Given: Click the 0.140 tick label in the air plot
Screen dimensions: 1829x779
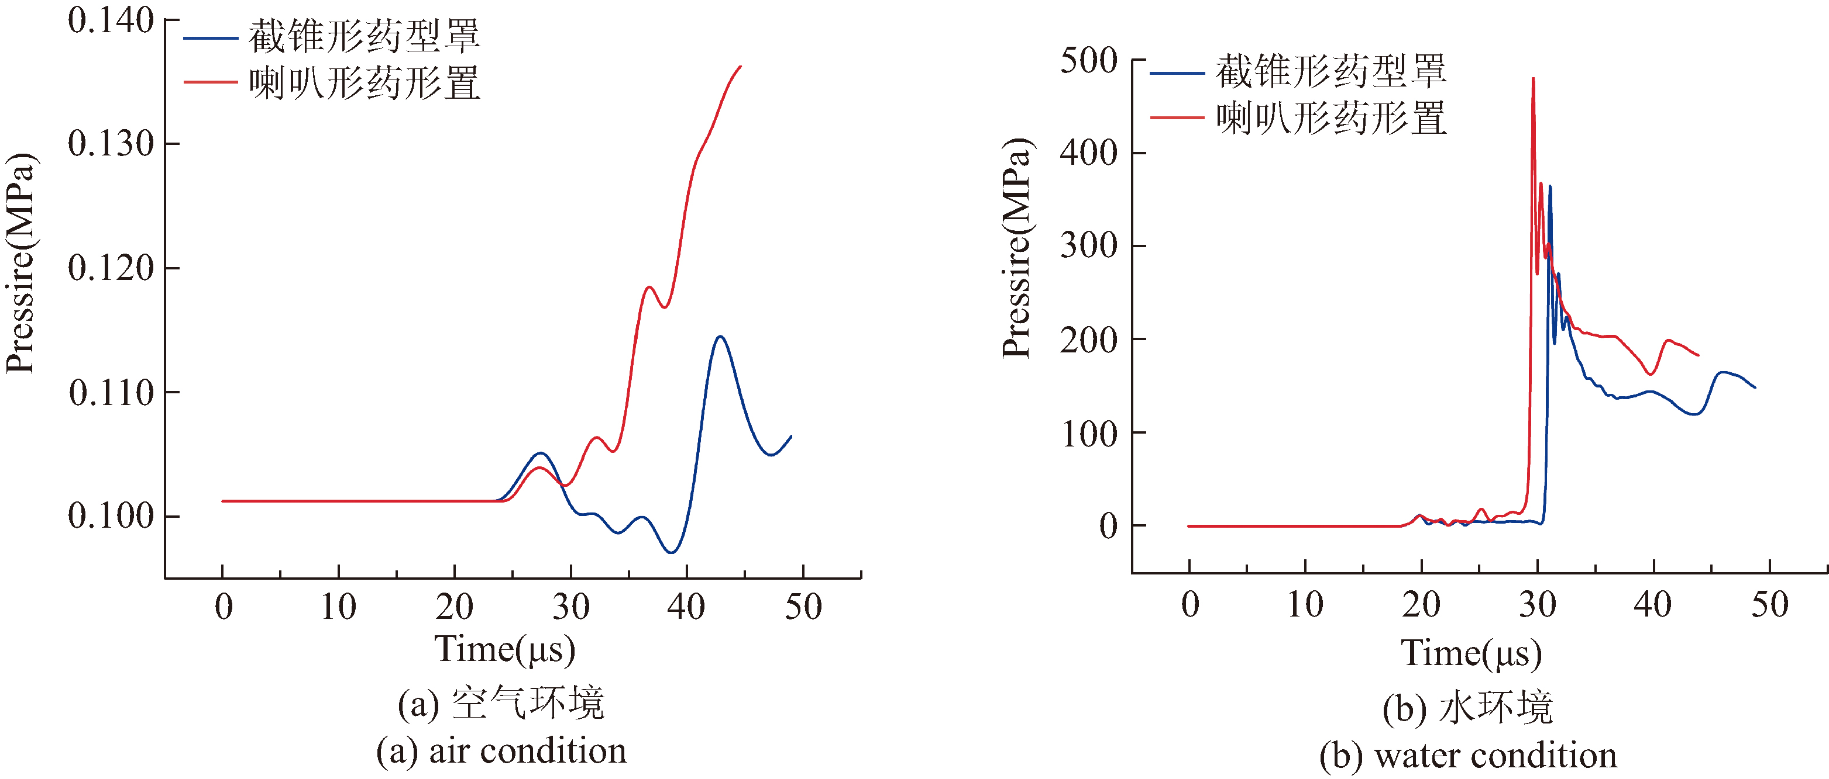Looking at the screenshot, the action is click(111, 20).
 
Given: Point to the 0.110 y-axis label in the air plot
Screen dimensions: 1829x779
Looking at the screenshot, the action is click(111, 392).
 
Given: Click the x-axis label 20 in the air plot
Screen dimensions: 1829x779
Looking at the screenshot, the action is click(455, 607).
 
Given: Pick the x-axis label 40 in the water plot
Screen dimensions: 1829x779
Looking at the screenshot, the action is click(1653, 604).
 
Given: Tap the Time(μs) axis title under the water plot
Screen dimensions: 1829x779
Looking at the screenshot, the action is click(1471, 653).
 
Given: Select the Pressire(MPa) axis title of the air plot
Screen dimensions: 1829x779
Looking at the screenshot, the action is click(20, 262).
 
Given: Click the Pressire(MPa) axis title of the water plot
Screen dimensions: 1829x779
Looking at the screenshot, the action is click(1017, 248).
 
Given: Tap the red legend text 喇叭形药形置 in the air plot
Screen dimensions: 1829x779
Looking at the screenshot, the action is click(365, 84).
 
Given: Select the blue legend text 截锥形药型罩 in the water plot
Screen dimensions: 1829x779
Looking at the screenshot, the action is click(1331, 72).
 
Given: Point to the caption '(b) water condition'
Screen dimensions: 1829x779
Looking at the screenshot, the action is click(1469, 756).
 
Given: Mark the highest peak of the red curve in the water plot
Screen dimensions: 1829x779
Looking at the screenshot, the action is click(1533, 79).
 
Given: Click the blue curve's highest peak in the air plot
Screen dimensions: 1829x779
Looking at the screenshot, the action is click(720, 336).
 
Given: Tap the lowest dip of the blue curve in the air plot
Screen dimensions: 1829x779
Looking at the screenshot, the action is click(671, 552).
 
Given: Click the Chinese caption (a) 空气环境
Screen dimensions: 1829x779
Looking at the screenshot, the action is click(501, 704).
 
